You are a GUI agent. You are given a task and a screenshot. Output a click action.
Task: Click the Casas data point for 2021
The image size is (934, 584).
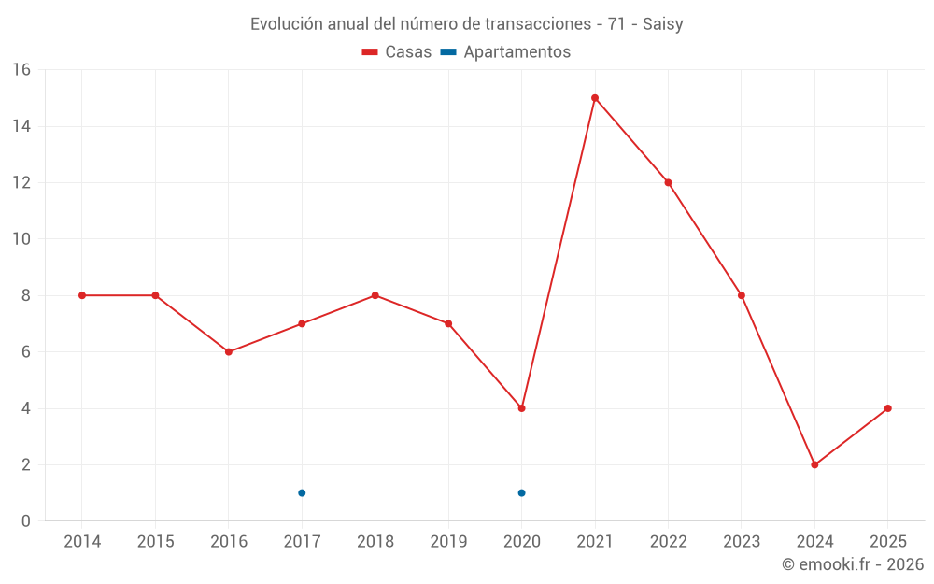pyautogui.click(x=595, y=98)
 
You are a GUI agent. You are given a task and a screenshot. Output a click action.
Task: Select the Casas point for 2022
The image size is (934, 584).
pyautogui.click(x=668, y=182)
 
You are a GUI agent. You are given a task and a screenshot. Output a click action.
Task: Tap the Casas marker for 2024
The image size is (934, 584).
pyautogui.click(x=814, y=464)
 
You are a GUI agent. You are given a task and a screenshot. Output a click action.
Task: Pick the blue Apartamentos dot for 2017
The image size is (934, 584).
pyautogui.click(x=302, y=492)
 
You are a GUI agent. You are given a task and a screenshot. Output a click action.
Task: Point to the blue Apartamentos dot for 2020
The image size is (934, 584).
pyautogui.click(x=521, y=492)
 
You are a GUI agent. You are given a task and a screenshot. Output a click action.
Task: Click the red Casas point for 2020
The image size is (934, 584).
pyautogui.click(x=521, y=408)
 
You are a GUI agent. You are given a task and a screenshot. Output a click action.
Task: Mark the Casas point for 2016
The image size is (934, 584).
pyautogui.click(x=229, y=351)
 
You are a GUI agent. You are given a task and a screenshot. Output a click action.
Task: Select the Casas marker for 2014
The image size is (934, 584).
pyautogui.click(x=82, y=295)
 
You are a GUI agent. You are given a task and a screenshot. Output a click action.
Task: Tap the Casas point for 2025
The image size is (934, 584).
pyautogui.click(x=887, y=408)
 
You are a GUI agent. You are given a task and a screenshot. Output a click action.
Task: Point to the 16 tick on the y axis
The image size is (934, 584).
pyautogui.click(x=21, y=70)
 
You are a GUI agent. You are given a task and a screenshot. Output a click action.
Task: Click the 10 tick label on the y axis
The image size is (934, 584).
pyautogui.click(x=21, y=239)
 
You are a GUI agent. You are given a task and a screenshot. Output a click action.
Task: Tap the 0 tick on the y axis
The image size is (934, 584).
pyautogui.click(x=25, y=520)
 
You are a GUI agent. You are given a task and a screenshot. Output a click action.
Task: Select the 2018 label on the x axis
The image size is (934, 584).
pyautogui.click(x=375, y=542)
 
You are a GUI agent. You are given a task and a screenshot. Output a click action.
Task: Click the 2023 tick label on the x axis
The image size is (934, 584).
pyautogui.click(x=741, y=542)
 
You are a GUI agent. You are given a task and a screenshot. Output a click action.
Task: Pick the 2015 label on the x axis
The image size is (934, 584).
pyautogui.click(x=155, y=542)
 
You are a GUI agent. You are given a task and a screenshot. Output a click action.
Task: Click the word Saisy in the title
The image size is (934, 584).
pyautogui.click(x=662, y=24)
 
